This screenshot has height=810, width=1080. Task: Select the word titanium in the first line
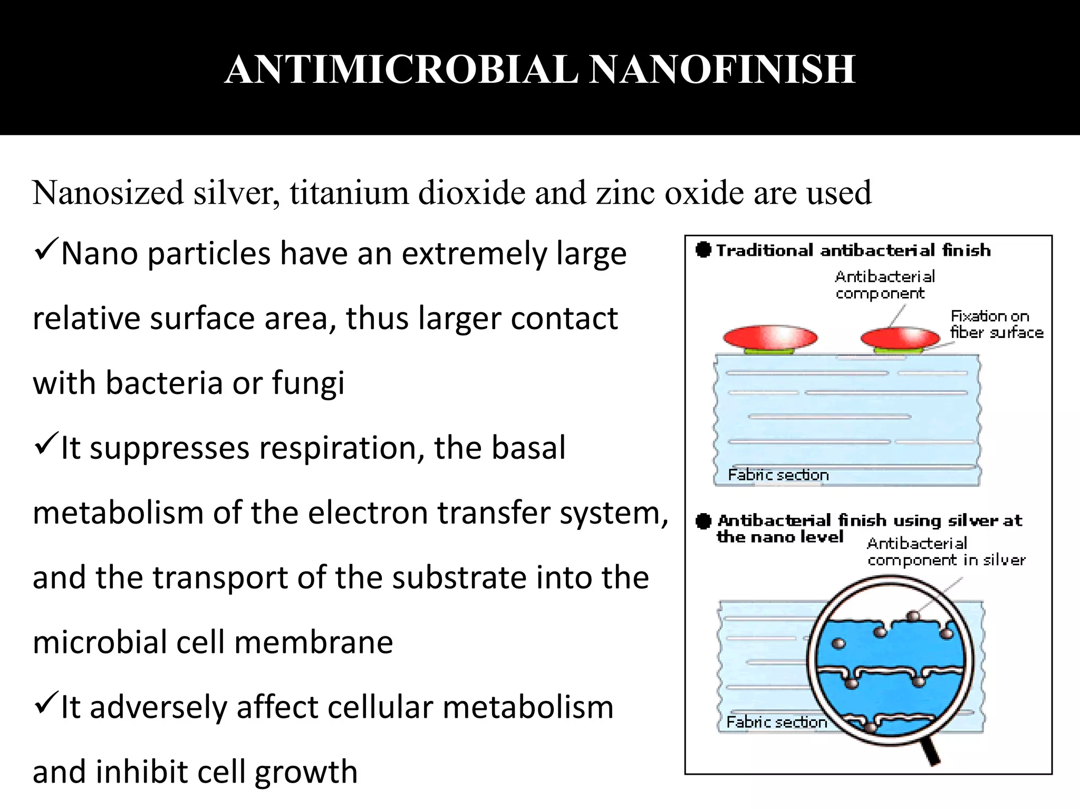(349, 192)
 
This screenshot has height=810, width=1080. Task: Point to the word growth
(306, 772)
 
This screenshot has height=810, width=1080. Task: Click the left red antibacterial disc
(770, 337)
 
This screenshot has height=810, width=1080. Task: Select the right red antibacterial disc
(900, 337)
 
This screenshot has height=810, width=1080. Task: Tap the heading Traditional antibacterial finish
(853, 250)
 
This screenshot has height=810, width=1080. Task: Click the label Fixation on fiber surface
(997, 324)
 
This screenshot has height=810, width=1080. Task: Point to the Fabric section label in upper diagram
(778, 475)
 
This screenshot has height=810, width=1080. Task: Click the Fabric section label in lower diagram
(776, 722)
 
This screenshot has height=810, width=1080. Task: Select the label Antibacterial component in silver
(946, 552)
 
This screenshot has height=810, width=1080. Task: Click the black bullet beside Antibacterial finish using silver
(703, 522)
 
